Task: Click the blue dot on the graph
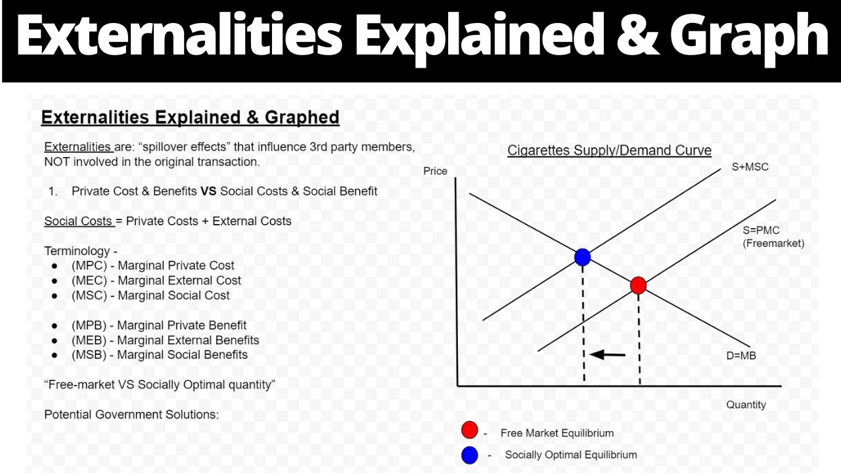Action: click(x=582, y=257)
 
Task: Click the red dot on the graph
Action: click(x=638, y=285)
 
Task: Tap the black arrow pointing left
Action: click(x=608, y=355)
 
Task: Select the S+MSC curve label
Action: click(x=750, y=167)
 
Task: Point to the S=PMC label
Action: click(x=761, y=231)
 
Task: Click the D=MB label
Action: click(x=740, y=356)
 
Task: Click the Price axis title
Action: click(x=435, y=171)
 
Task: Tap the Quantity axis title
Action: click(x=746, y=405)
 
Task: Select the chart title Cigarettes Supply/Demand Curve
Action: click(x=609, y=150)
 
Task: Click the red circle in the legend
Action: click(x=469, y=431)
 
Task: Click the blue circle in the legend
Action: click(x=469, y=455)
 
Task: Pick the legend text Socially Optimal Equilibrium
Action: click(x=570, y=455)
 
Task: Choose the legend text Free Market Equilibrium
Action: click(x=557, y=433)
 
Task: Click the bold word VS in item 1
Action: click(x=208, y=191)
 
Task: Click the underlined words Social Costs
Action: click(x=78, y=221)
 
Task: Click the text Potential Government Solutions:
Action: click(x=131, y=415)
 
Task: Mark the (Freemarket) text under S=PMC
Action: click(x=773, y=243)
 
